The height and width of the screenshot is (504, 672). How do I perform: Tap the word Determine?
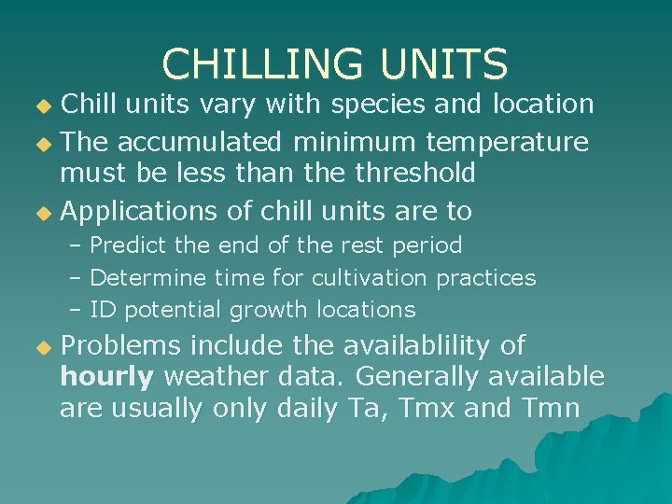[148, 277]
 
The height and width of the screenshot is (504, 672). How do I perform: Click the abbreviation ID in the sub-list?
[103, 309]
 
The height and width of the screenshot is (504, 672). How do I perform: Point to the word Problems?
[120, 346]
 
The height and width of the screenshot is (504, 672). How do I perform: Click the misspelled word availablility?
[418, 346]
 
